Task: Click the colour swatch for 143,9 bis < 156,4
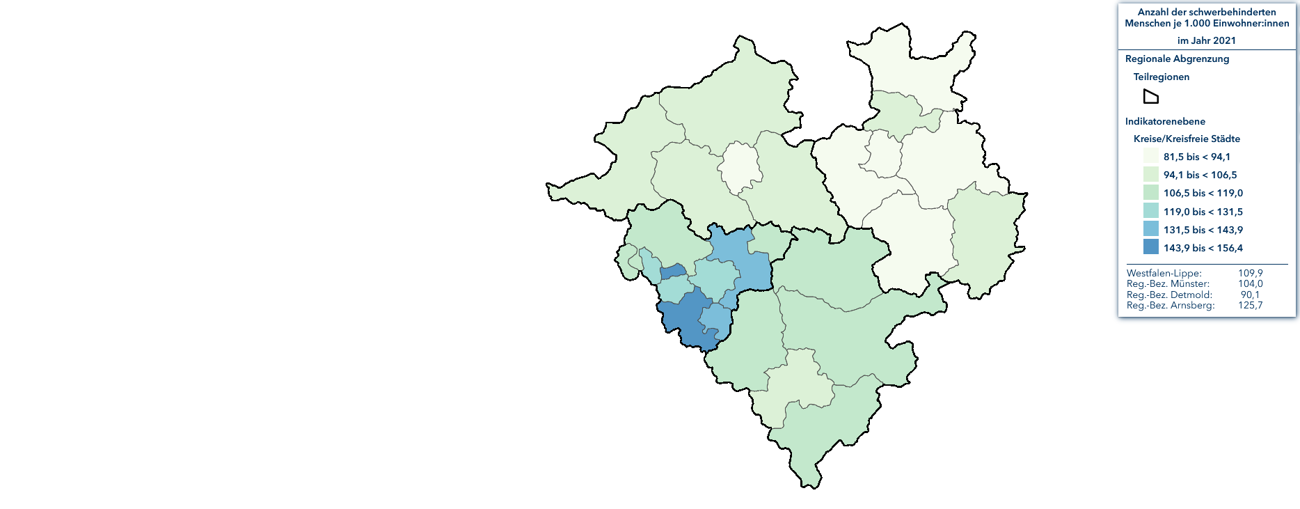[x=1150, y=247]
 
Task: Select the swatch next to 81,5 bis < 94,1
[x=1150, y=156]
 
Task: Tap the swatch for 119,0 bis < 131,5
[x=1150, y=211]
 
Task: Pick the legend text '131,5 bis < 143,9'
[x=1203, y=230]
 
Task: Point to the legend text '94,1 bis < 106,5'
[x=1200, y=175]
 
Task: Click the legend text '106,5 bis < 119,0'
[x=1203, y=193]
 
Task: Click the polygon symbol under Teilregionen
[x=1151, y=97]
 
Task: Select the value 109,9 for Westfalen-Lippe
[x=1250, y=273]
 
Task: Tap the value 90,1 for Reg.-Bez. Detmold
[x=1250, y=295]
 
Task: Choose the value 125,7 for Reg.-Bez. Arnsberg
[x=1250, y=305]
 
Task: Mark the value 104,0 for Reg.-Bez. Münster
[x=1250, y=283]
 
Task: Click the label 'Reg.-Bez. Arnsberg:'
[x=1171, y=305]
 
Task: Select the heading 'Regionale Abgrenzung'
[x=1177, y=59]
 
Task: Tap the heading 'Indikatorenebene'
[x=1165, y=121]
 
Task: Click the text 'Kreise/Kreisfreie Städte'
[x=1187, y=139]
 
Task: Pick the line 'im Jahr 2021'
[x=1207, y=40]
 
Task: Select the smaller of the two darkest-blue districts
[x=673, y=272]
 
